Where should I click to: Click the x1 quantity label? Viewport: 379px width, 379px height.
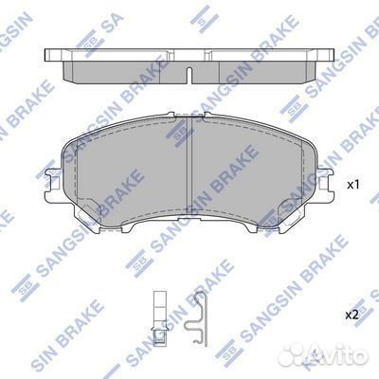point(353,184)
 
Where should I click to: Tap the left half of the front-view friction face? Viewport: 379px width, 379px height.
point(128,171)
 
